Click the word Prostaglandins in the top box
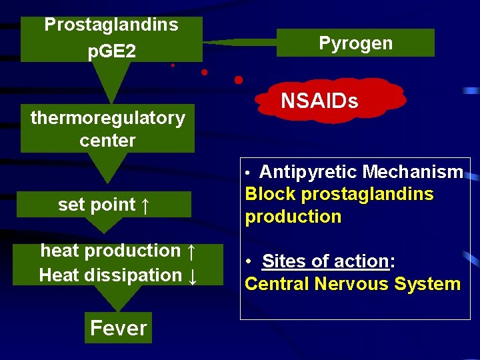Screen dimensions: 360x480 click(111, 25)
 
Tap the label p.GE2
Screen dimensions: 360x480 click(112, 51)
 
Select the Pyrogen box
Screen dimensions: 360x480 click(355, 43)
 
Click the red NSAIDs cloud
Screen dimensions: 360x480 click(320, 101)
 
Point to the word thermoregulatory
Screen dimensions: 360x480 click(108, 118)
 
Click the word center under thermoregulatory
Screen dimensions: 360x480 click(107, 141)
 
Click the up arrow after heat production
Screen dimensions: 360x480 click(191, 251)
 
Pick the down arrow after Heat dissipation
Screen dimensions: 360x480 click(192, 275)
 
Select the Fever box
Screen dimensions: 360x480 click(118, 328)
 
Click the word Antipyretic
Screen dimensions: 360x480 click(307, 173)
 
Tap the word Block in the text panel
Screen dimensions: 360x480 click(270, 195)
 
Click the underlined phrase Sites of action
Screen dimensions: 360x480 click(325, 261)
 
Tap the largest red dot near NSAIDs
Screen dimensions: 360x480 click(238, 80)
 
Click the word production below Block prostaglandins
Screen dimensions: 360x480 click(293, 217)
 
